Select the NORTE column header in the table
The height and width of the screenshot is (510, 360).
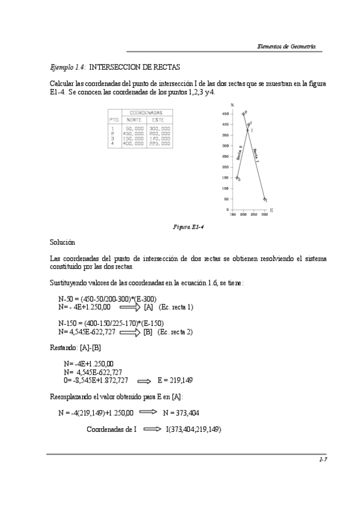[x=134, y=120]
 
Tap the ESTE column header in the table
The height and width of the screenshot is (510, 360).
[x=159, y=120]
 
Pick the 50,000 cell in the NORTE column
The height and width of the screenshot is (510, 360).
[x=134, y=128]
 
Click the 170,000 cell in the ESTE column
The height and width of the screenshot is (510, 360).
[x=159, y=139]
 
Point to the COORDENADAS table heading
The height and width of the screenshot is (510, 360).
[x=146, y=112]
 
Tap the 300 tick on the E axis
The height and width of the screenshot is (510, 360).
[x=264, y=214]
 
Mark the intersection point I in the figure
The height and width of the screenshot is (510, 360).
[x=248, y=130]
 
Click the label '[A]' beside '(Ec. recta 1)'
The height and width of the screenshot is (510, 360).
[x=148, y=307]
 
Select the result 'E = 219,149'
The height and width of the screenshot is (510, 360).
[x=175, y=381]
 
